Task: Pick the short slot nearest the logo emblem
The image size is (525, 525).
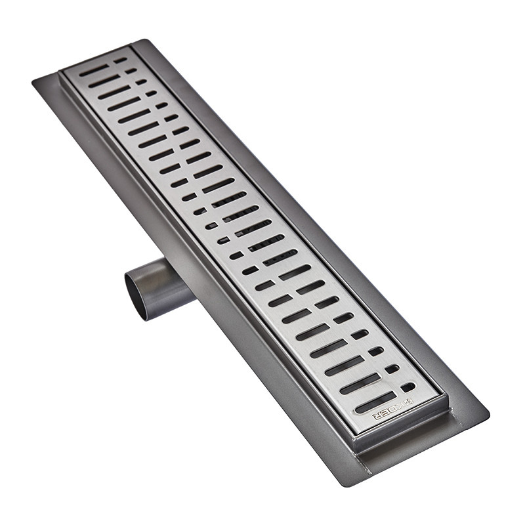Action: pos(408,387)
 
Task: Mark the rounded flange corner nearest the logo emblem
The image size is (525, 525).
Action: pos(486,415)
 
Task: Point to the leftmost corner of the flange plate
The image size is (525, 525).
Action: pos(33,80)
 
